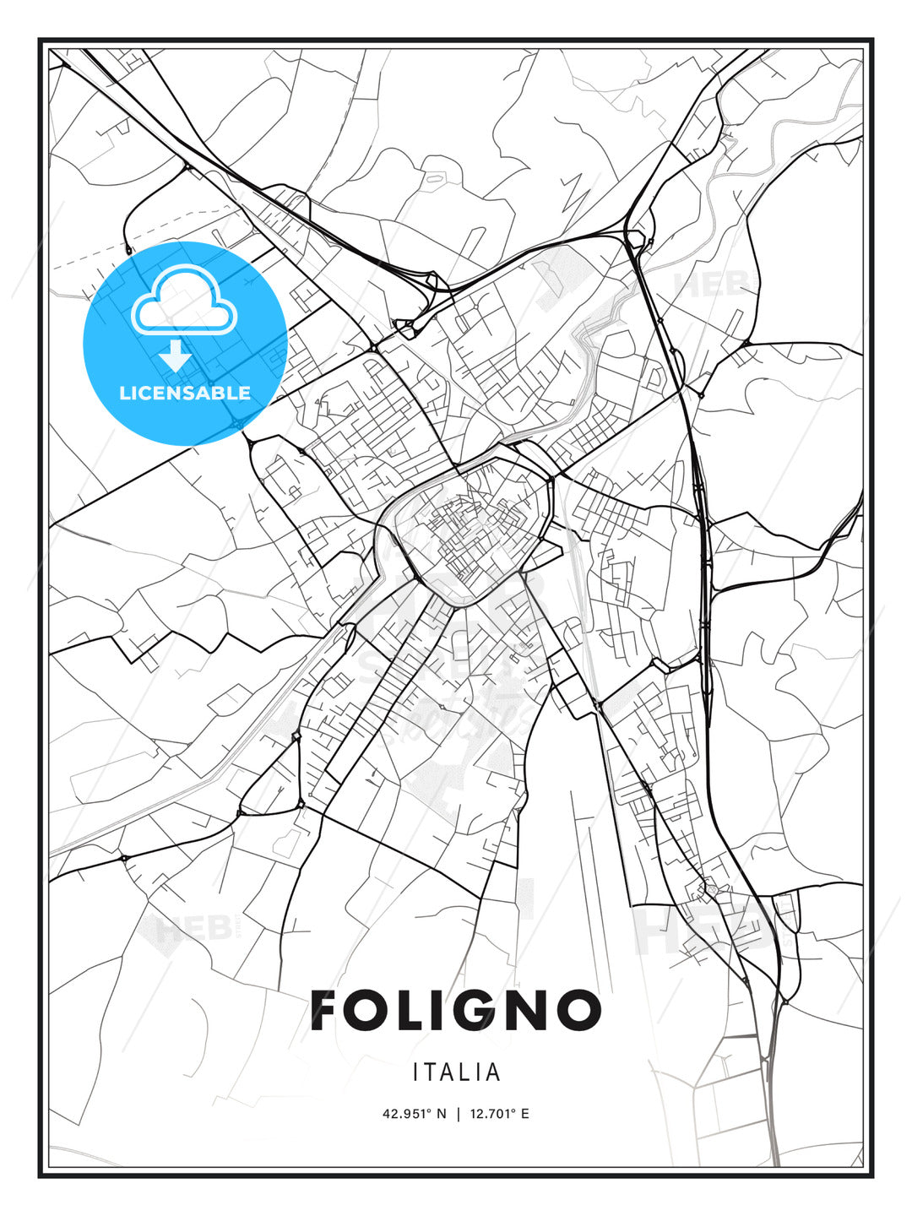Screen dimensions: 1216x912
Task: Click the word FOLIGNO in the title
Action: (x=456, y=1010)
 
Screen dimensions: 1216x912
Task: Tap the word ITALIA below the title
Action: (x=457, y=1072)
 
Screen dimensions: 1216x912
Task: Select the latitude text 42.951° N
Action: (x=414, y=1114)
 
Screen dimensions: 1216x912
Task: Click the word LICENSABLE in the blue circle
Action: (x=185, y=393)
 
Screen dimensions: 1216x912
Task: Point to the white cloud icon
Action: (x=183, y=300)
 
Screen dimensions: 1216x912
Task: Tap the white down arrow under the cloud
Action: (x=176, y=356)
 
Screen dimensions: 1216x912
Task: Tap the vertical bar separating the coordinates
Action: (x=459, y=1114)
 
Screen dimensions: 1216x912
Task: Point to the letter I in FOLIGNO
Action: (x=444, y=1010)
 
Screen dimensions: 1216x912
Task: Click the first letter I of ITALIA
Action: (x=416, y=1072)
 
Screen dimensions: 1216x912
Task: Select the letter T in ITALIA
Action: (x=431, y=1072)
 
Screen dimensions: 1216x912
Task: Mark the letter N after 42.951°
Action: (x=441, y=1114)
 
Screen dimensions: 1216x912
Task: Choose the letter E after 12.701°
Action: (x=525, y=1114)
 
